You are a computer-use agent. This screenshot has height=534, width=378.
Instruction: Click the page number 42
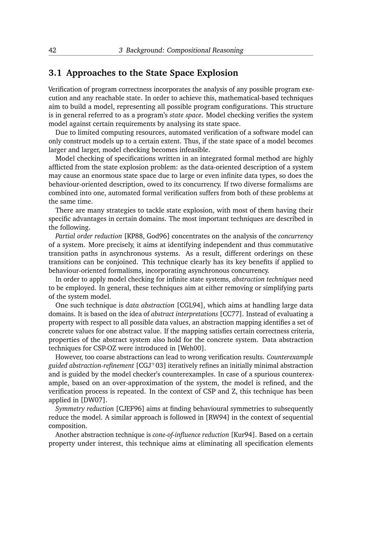(53, 50)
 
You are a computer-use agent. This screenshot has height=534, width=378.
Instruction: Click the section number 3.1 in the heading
(55, 73)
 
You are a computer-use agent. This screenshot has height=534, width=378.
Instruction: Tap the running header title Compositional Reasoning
(205, 50)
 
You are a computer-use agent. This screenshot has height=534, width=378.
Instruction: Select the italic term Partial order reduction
(88, 236)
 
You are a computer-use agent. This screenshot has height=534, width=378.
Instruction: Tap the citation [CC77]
(231, 314)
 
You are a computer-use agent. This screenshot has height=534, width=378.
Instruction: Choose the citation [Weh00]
(192, 348)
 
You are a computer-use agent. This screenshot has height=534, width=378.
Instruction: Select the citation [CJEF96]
(130, 409)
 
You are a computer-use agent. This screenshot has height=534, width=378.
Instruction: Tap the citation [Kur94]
(243, 435)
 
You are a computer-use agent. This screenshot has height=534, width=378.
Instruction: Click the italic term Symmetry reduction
(84, 409)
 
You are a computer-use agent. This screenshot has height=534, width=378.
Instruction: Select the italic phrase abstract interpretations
(184, 314)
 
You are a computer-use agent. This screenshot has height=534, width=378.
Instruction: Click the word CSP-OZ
(105, 348)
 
